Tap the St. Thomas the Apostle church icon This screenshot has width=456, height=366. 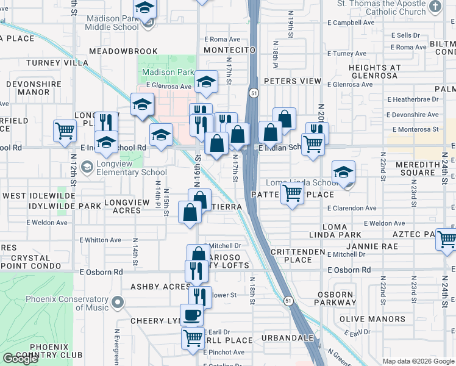point(435,7)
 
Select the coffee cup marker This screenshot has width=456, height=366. point(192,315)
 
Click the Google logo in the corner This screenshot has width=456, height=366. point(20,359)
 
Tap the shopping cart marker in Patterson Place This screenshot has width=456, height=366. point(293,193)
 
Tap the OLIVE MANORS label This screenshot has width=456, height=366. point(365,319)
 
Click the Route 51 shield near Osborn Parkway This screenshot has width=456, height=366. point(288,300)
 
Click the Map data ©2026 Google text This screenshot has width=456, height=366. point(418,361)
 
